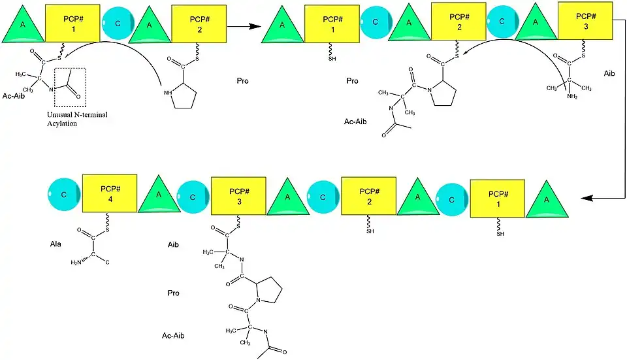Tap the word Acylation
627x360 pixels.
pos(61,123)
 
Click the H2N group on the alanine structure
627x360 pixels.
pos(77,263)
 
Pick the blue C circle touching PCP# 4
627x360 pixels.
pos(63,195)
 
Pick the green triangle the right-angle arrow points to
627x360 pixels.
pos(545,197)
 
